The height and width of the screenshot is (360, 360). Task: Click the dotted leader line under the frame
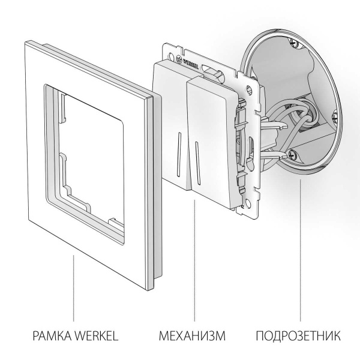point(73,288)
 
